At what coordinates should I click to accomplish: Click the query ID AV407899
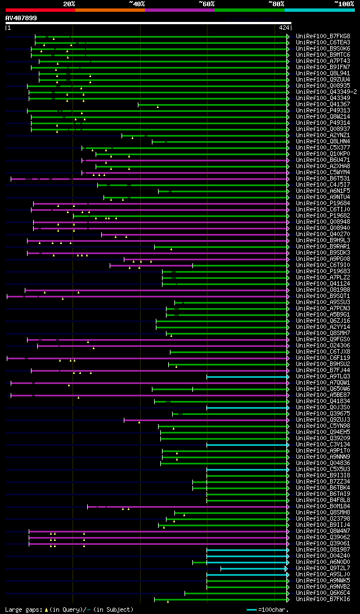point(21,18)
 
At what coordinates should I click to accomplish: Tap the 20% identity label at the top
point(69,3)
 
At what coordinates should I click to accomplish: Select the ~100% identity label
point(344,3)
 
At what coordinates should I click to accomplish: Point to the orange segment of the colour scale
point(110,10)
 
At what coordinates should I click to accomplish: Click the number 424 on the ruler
point(283,28)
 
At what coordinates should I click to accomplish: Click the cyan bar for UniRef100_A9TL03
point(247,376)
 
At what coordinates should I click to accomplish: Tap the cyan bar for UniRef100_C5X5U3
point(247,469)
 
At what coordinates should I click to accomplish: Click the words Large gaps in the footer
point(22,610)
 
